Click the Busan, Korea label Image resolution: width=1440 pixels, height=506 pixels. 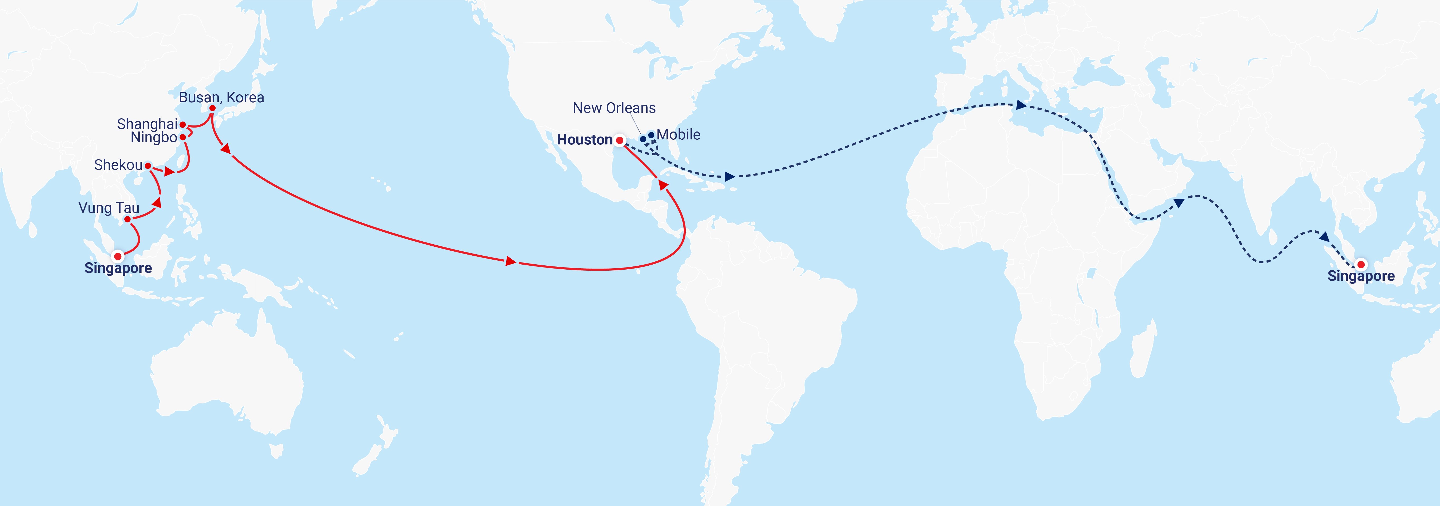pos(221,97)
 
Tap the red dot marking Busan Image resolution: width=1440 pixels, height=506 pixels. pos(212,108)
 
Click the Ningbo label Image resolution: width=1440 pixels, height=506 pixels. pos(154,138)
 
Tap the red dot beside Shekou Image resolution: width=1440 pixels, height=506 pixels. pos(148,166)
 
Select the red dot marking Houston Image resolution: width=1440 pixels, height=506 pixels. pos(619,140)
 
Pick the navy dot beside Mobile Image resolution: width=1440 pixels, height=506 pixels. pos(651,135)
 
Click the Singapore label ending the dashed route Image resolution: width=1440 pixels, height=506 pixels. pos(1361,276)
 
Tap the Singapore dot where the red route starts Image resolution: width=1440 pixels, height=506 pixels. pos(117,257)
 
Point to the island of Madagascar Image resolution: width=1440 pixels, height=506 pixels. pos(1143,349)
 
